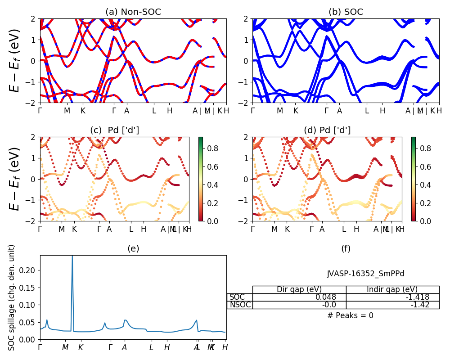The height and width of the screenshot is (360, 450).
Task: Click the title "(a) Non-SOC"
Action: point(133,12)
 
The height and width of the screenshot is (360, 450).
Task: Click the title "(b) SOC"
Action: point(346,12)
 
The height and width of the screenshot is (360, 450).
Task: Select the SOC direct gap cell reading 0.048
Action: point(300,297)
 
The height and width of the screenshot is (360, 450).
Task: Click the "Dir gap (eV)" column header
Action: point(300,289)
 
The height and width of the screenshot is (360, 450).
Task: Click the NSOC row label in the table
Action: point(240,305)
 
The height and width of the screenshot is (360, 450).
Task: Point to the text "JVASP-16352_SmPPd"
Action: point(362,274)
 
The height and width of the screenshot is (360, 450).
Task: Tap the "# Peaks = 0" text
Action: point(350,315)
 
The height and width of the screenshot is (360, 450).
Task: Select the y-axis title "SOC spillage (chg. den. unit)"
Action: point(12,297)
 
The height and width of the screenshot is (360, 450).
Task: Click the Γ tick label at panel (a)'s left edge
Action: point(40,111)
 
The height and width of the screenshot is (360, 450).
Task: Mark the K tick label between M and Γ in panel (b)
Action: point(296,111)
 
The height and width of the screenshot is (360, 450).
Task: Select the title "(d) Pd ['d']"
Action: point(327,130)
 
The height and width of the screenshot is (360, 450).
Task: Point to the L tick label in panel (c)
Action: point(131,229)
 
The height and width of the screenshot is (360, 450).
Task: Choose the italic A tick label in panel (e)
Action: point(124,347)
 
